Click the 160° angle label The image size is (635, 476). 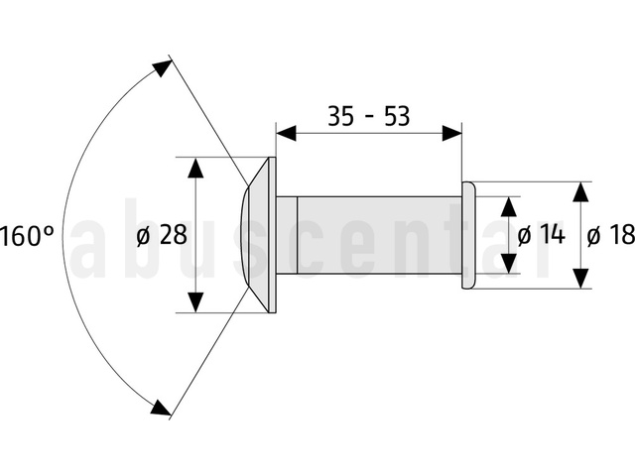click(x=27, y=236)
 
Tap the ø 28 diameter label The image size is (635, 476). click(x=162, y=234)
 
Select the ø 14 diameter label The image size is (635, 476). click(x=541, y=234)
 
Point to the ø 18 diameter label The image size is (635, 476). click(x=611, y=234)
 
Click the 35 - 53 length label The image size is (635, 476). click(x=368, y=116)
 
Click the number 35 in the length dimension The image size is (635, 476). click(x=340, y=116)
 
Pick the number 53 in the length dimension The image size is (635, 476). click(x=397, y=116)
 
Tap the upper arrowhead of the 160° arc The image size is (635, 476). click(x=163, y=68)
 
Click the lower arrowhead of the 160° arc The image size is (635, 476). click(x=161, y=408)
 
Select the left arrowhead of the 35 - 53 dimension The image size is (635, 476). click(x=286, y=133)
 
